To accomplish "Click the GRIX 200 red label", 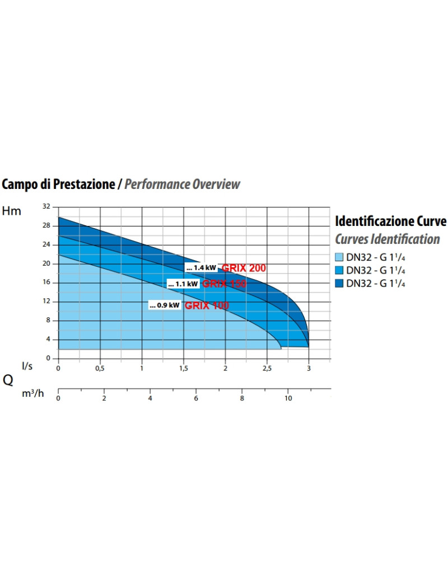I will pyautogui.click(x=244, y=268).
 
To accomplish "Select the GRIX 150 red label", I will pyautogui.click(x=224, y=284).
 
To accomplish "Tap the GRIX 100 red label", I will pyautogui.click(x=207, y=306).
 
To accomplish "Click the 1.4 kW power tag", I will pyautogui.click(x=201, y=268).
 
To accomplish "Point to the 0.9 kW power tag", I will pyautogui.click(x=165, y=306).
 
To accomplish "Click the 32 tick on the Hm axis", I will pyautogui.click(x=47, y=207).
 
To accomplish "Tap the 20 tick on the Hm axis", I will pyautogui.click(x=47, y=263).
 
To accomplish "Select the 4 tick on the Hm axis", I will pyautogui.click(x=48, y=339).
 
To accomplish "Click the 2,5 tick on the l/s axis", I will pyautogui.click(x=267, y=368).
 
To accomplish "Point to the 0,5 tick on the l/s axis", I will pyautogui.click(x=100, y=368).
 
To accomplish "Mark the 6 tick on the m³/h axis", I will pyautogui.click(x=196, y=398).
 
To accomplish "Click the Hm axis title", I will pyautogui.click(x=12, y=211).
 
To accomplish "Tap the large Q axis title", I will pyautogui.click(x=8, y=380).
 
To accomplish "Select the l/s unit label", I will pyautogui.click(x=27, y=366).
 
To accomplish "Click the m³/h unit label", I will pyautogui.click(x=32, y=394).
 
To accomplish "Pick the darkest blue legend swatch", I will pyautogui.click(x=339, y=283).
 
